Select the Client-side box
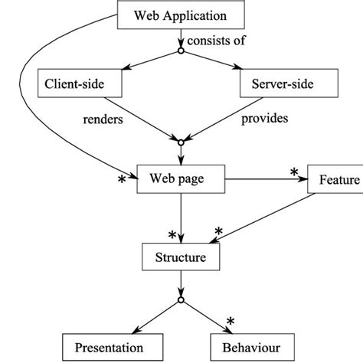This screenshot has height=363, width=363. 75,83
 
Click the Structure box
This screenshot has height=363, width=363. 179,257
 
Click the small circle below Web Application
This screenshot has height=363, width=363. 180,52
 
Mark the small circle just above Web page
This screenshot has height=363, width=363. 180,142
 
